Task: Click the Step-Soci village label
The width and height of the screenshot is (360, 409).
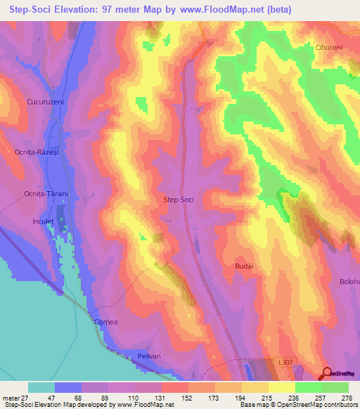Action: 178,200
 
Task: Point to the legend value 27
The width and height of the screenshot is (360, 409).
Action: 24,398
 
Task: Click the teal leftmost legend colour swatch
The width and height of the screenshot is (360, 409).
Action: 41,387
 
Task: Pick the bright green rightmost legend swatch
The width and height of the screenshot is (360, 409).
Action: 335,387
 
